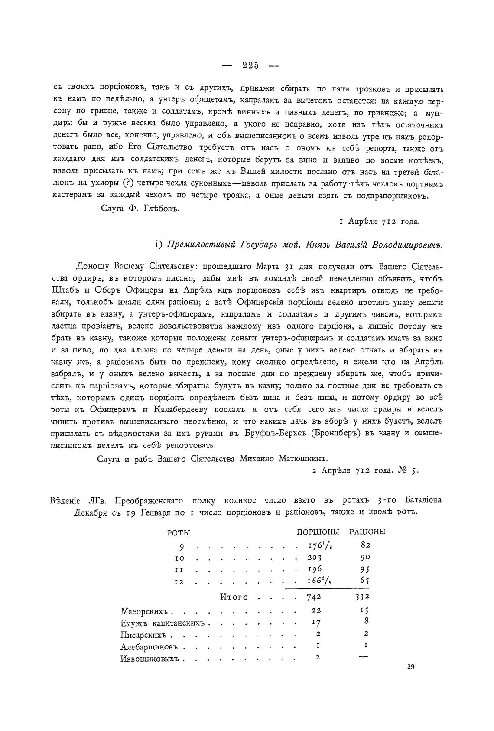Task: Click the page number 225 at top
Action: point(250,65)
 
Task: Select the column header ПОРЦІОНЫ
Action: point(318,532)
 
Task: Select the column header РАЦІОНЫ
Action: point(367,532)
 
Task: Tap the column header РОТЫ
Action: point(179,533)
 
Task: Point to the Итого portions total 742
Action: point(313,597)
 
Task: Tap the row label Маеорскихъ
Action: point(146,612)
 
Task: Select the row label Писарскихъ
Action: point(144,635)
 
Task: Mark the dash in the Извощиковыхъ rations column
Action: point(364,657)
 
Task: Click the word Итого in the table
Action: point(234,597)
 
